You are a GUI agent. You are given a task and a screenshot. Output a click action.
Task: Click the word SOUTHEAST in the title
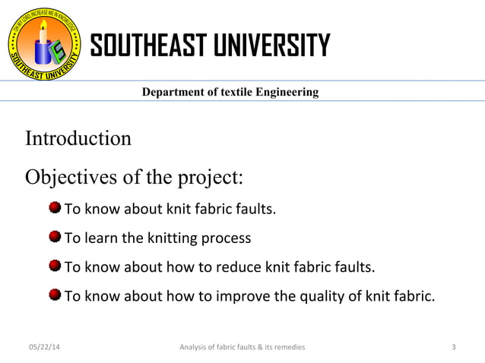[x=144, y=46]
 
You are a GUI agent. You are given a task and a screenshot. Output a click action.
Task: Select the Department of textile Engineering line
[x=230, y=93]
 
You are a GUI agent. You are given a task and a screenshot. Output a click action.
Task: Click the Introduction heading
[x=78, y=140]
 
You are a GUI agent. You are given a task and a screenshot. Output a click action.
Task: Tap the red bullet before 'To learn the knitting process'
[x=55, y=238]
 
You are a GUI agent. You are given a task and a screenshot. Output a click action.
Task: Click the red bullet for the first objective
[x=55, y=208]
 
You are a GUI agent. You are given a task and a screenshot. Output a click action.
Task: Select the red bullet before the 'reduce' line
[x=55, y=267]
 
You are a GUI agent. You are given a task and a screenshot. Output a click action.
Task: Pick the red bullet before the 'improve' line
[x=55, y=296]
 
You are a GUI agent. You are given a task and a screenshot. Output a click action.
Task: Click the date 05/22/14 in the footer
[x=42, y=347]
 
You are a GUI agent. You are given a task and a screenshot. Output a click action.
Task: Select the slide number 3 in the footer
[x=454, y=347]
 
